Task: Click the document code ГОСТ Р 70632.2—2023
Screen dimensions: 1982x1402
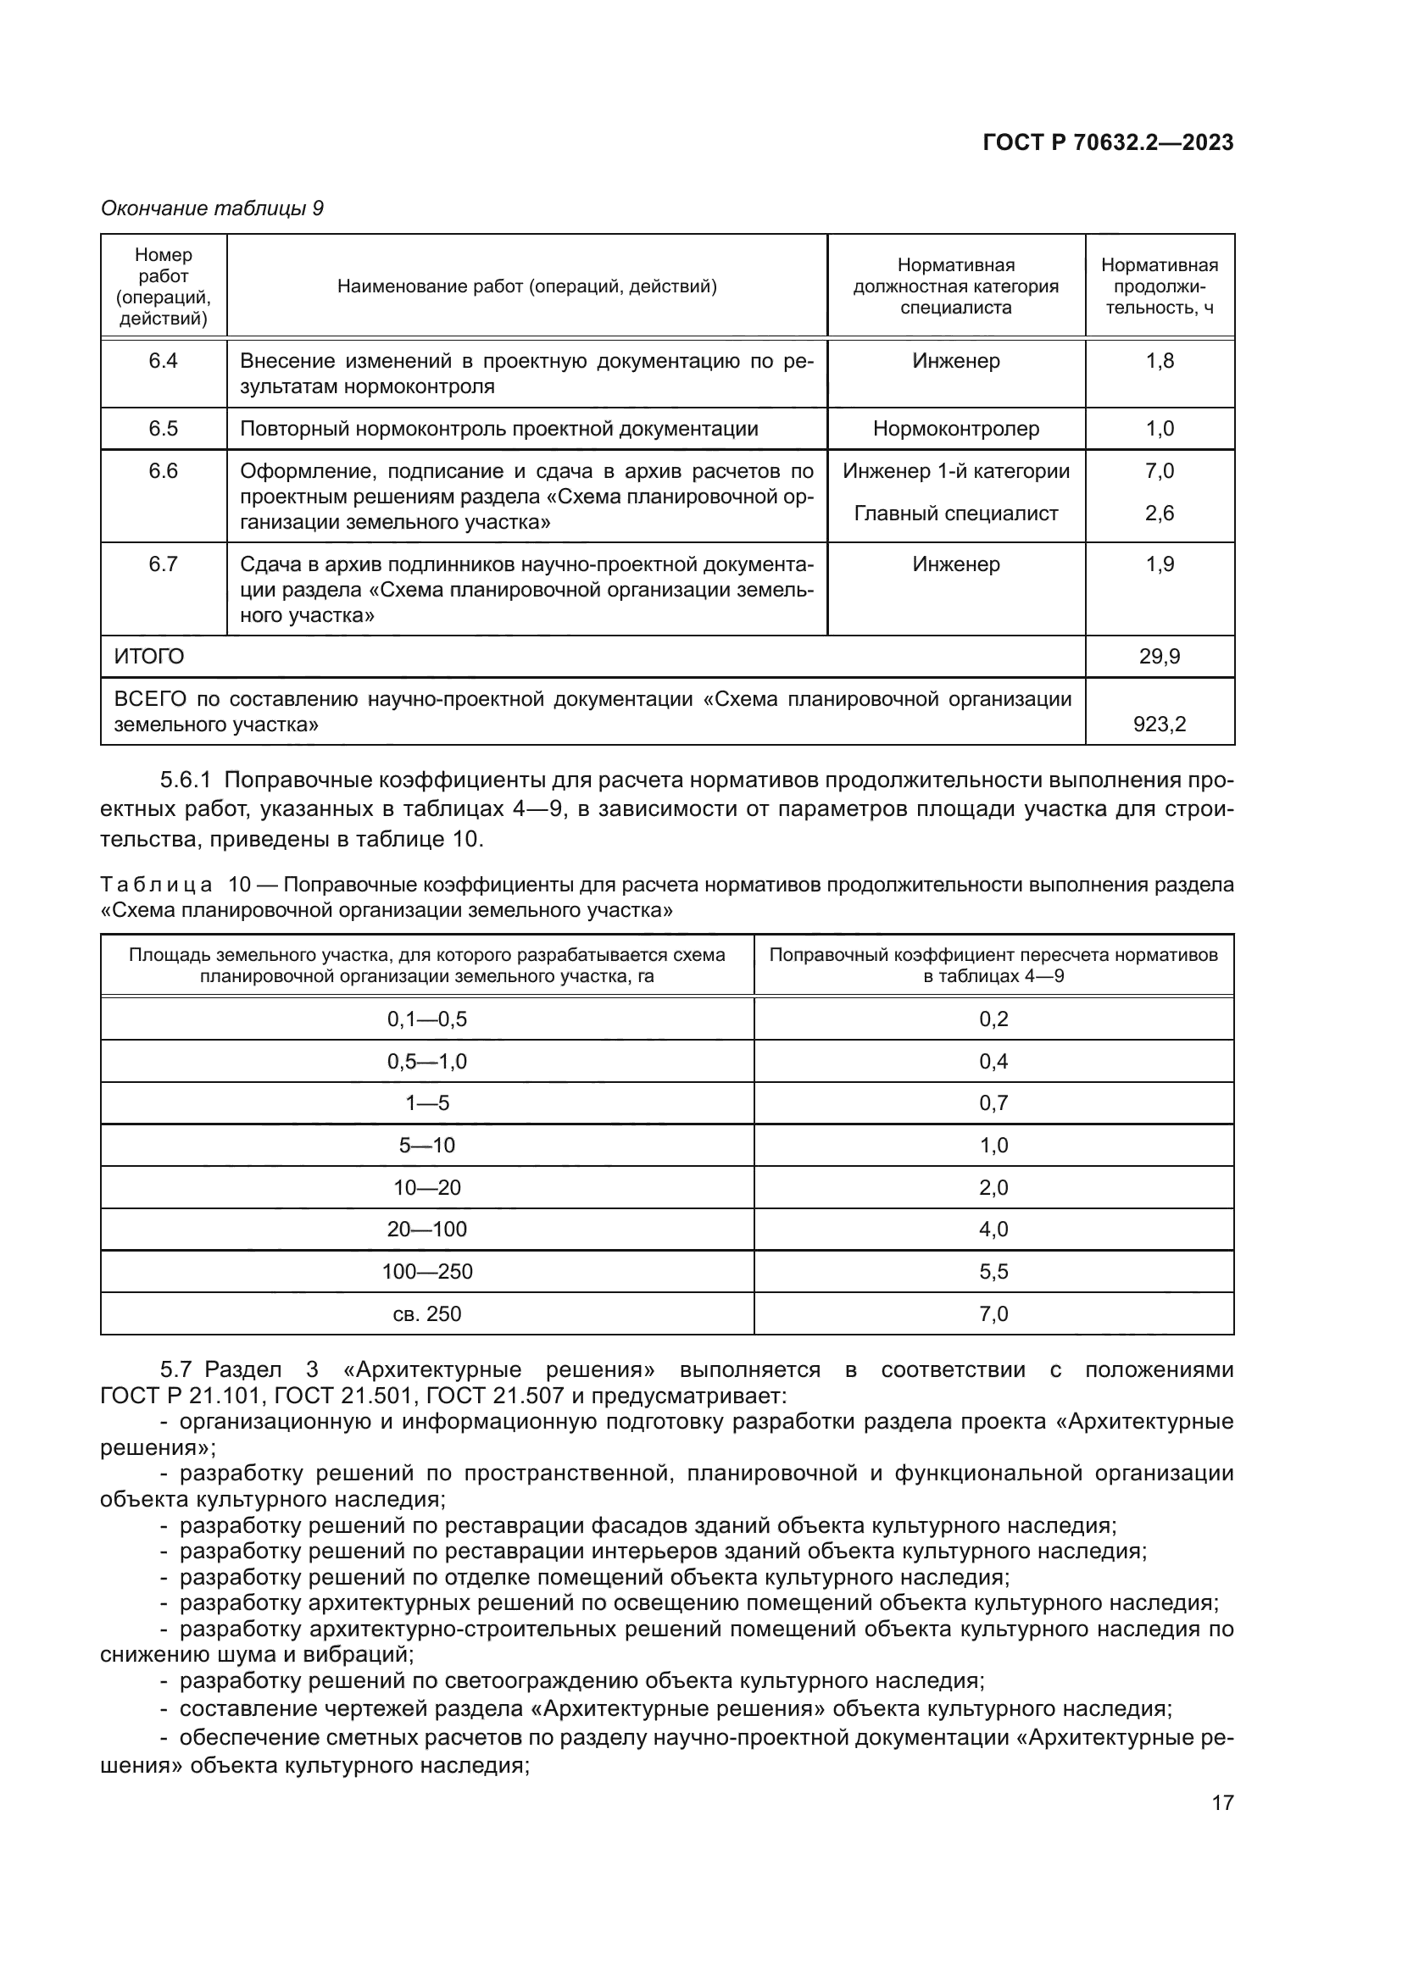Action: click(x=1108, y=143)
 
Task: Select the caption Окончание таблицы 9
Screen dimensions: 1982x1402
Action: click(x=213, y=208)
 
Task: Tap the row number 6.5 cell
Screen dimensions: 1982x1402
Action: click(x=163, y=428)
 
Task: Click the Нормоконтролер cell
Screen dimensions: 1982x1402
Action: click(x=955, y=428)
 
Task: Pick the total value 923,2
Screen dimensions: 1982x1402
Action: click(x=1160, y=725)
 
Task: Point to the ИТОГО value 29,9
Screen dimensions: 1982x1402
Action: click(x=1160, y=657)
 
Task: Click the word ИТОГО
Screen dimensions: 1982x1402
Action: click(x=149, y=657)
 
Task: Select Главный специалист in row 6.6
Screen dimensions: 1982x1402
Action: click(x=955, y=514)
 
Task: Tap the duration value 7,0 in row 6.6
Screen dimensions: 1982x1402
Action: click(x=1160, y=471)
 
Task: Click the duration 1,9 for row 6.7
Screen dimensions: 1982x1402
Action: click(x=1160, y=564)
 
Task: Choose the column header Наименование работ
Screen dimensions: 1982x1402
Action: click(x=526, y=286)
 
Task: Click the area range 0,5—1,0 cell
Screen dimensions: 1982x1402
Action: click(x=426, y=1061)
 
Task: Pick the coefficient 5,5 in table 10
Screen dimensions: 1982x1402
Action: click(x=993, y=1272)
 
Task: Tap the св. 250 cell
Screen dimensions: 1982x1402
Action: click(x=426, y=1314)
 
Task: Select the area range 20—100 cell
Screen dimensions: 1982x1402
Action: click(x=426, y=1230)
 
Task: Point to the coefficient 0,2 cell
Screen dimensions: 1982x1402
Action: click(x=993, y=1019)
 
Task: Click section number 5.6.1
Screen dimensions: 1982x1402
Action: click(x=186, y=780)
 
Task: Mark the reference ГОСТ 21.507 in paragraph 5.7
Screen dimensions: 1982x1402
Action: click(x=495, y=1396)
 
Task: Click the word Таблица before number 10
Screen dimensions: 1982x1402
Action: click(x=156, y=885)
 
